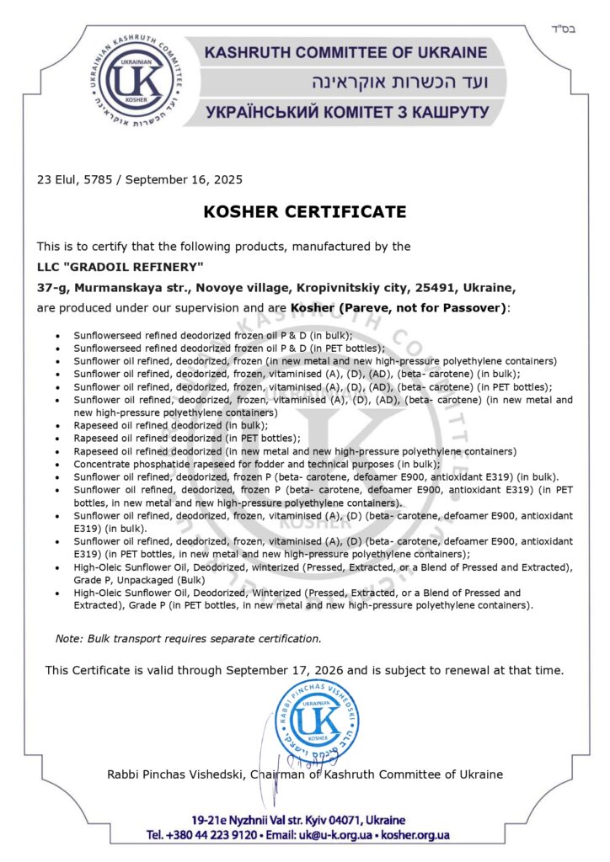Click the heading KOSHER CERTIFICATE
click(304, 211)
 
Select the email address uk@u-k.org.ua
click(336, 834)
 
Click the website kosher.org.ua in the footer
click(415, 834)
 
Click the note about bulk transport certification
click(188, 638)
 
